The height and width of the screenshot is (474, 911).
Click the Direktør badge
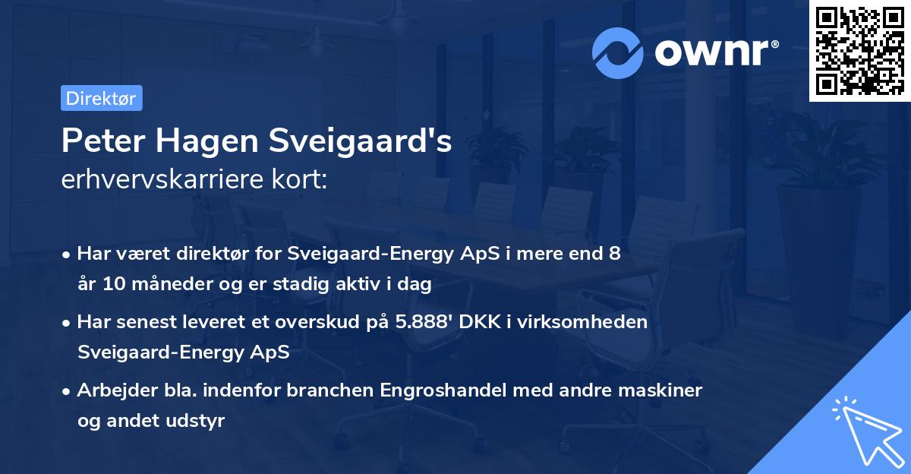click(101, 98)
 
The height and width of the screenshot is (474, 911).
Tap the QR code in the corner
click(859, 51)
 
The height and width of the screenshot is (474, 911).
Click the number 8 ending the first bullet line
click(614, 254)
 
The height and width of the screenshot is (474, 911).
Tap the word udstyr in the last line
click(200, 421)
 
